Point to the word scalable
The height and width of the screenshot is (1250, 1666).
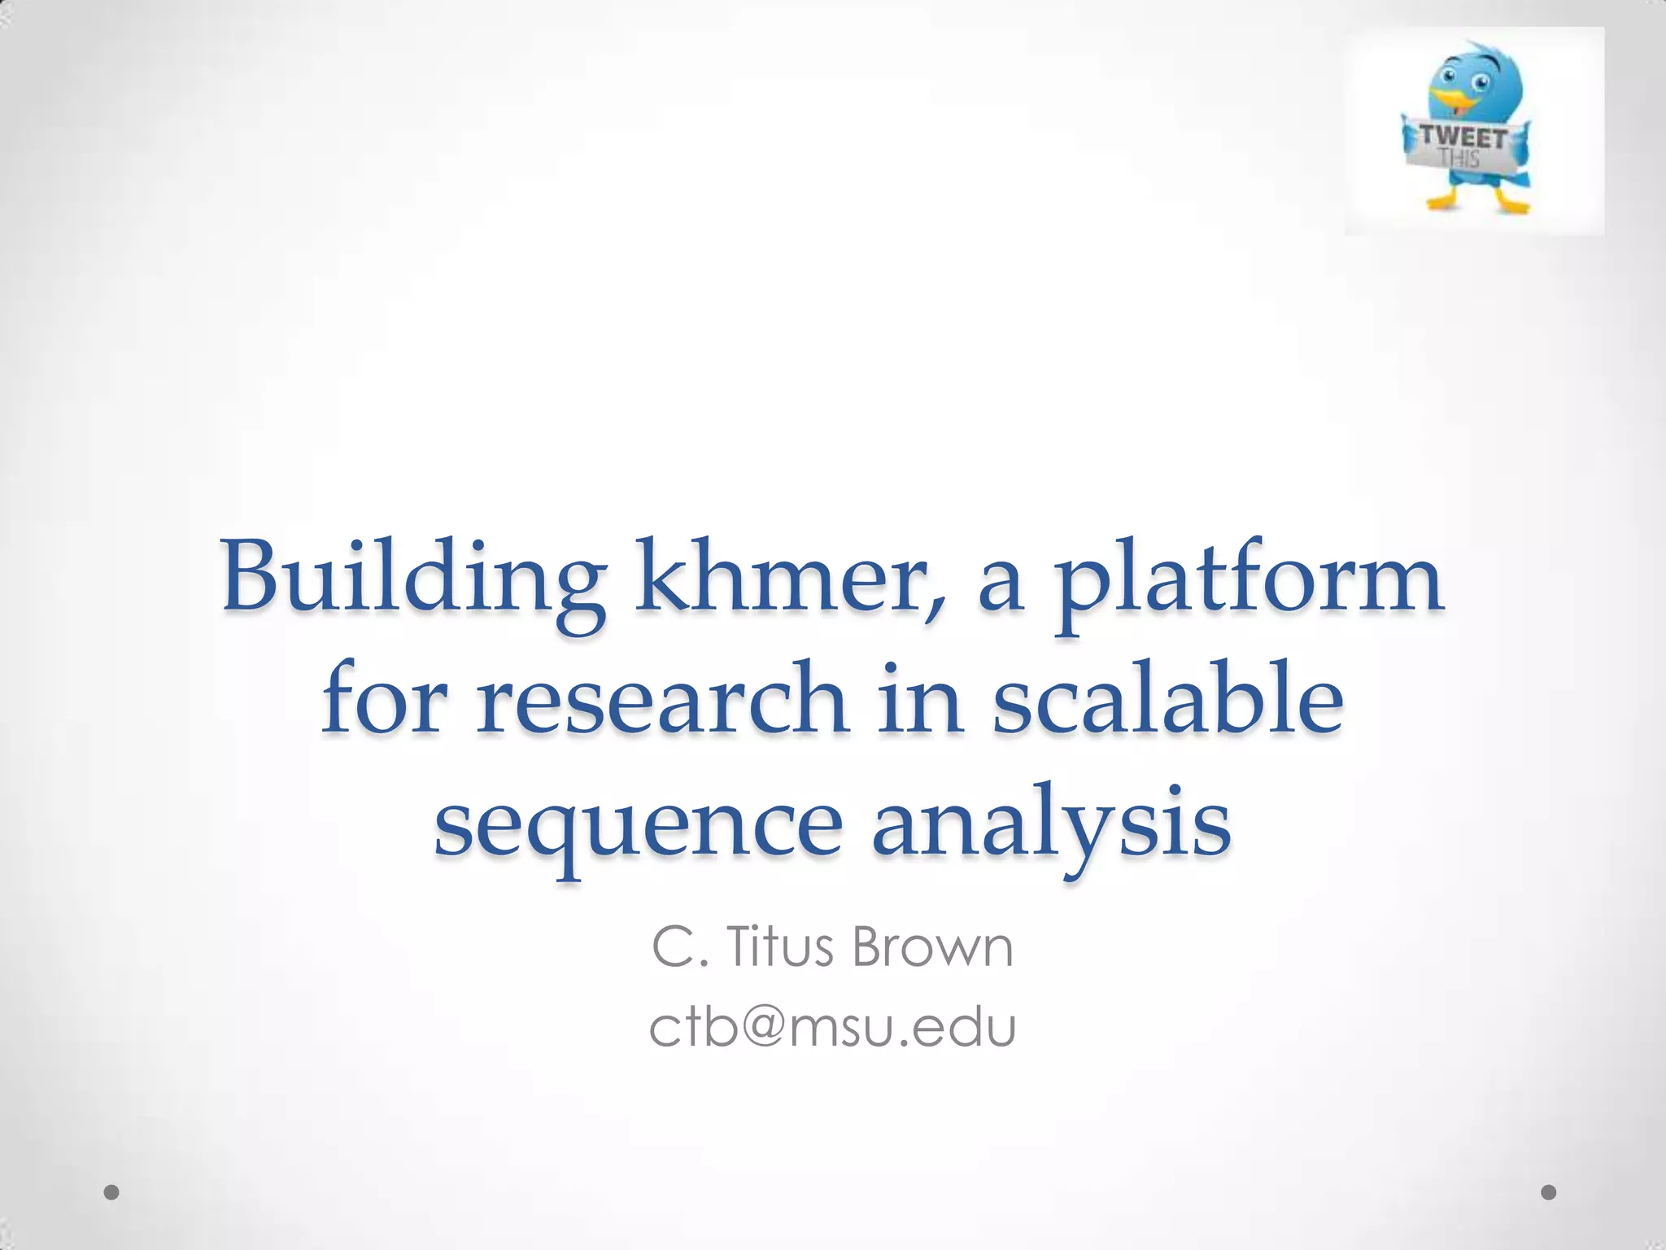click(x=1167, y=698)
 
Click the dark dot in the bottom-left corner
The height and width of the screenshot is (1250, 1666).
click(x=112, y=1192)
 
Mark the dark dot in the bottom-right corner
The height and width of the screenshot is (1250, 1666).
click(x=1549, y=1192)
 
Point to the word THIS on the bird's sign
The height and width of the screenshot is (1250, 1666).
click(x=1459, y=157)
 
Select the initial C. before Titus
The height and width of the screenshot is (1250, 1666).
click(x=676, y=947)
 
